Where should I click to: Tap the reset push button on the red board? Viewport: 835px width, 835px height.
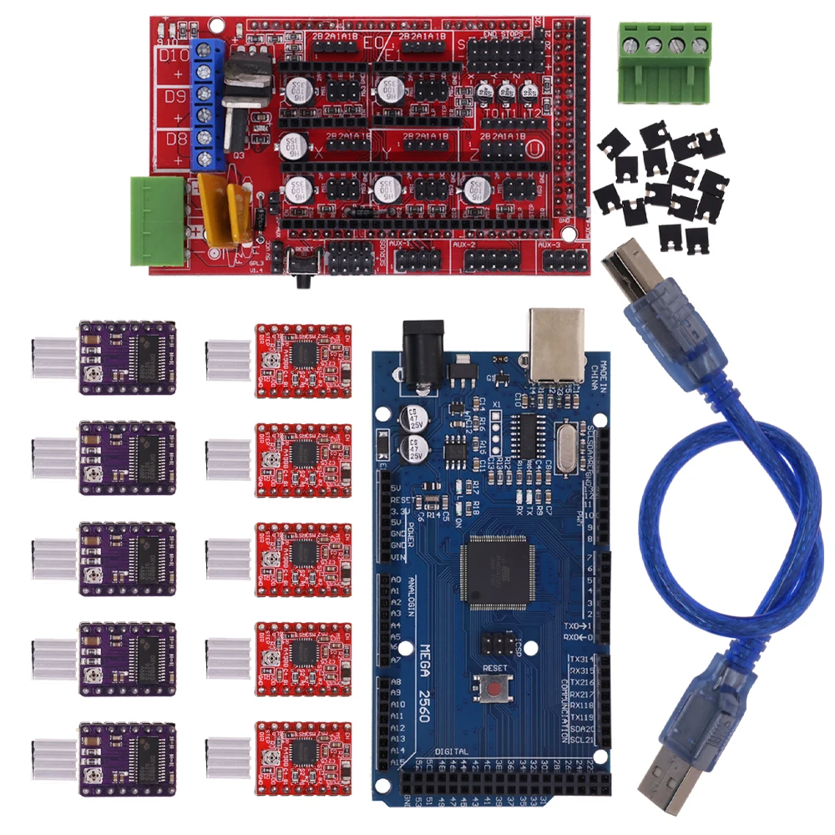[305, 266]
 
